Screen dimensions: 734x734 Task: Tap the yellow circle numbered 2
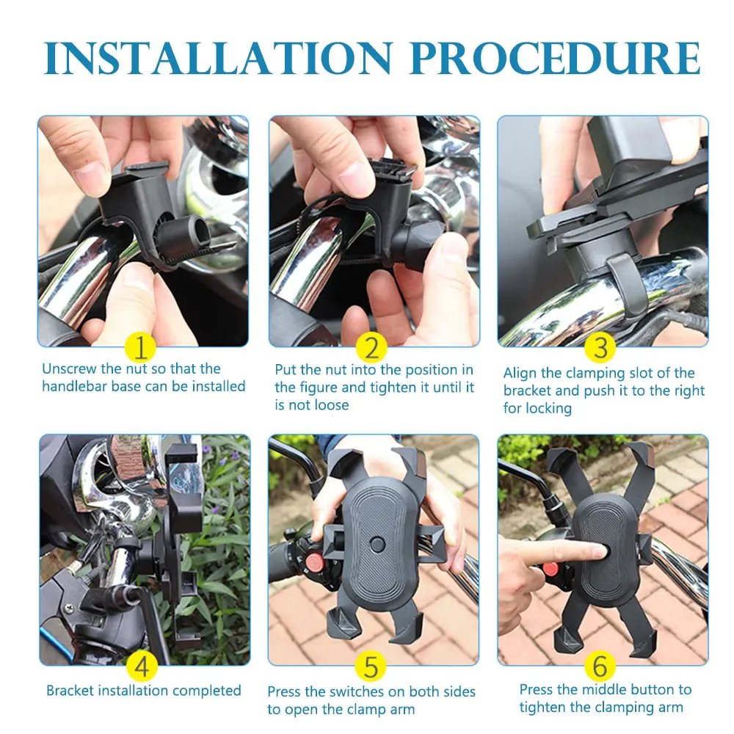tap(372, 346)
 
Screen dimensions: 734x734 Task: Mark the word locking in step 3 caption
tap(549, 409)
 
